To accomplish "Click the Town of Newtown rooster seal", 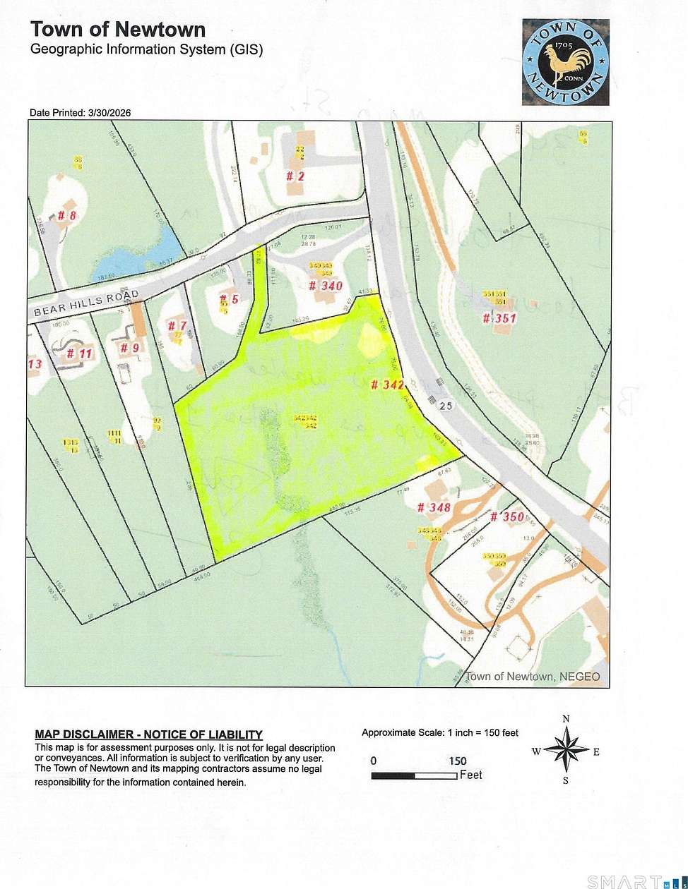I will (565, 62).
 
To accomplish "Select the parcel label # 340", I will (326, 286).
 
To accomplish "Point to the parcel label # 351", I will (499, 318).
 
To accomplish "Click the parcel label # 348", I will (433, 507).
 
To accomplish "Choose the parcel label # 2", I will (295, 176).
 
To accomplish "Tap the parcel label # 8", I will (66, 215).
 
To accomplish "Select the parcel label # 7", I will (177, 325).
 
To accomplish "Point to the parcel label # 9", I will (129, 347).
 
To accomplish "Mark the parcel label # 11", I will (81, 353).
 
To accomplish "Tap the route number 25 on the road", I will (445, 406).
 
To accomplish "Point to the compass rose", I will (566, 749).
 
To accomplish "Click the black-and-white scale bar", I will (415, 776).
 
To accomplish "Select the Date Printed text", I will (80, 113).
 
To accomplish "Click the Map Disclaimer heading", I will (148, 734).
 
